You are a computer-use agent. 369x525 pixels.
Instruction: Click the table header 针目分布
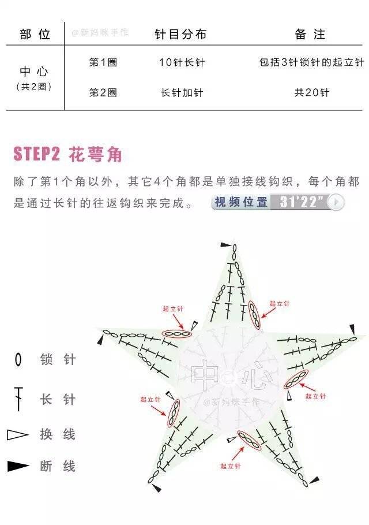[180, 34]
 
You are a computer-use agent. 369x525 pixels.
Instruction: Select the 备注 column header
[310, 34]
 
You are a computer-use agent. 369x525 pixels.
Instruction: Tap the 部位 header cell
[35, 34]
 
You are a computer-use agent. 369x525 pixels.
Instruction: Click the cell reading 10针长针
[182, 62]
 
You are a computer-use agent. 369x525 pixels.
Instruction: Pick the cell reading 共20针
[312, 92]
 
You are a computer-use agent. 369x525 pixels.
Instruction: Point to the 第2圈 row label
[103, 92]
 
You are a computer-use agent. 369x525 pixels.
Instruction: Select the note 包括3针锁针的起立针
[311, 62]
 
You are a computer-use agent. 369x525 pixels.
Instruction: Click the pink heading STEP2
[37, 154]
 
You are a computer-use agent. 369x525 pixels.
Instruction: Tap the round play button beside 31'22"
[336, 202]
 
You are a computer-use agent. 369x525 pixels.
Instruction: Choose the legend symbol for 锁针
[18, 360]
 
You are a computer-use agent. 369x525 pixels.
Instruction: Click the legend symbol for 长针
[18, 399]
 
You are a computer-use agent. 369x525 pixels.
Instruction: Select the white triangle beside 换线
[17, 434]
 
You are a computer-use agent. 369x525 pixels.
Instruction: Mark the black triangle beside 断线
[18, 466]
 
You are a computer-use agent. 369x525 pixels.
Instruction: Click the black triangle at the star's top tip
[225, 245]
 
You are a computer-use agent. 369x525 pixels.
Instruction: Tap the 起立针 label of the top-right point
[280, 304]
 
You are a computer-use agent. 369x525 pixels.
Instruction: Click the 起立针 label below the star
[230, 466]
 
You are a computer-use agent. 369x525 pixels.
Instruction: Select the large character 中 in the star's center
[204, 375]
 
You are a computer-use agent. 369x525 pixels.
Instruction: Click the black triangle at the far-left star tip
[100, 341]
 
